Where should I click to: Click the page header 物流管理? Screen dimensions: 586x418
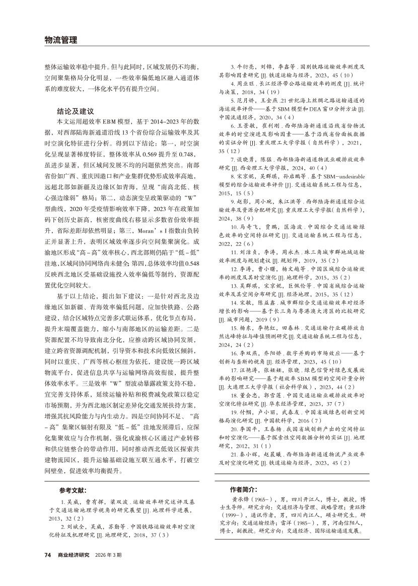pos(60,41)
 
